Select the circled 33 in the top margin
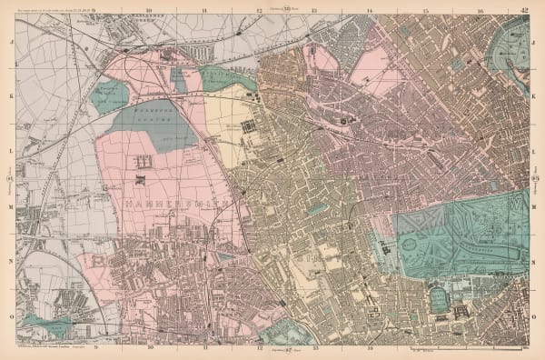[287, 10]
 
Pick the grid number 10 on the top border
[148, 11]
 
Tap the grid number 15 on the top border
[425, 11]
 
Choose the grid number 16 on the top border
[480, 11]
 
